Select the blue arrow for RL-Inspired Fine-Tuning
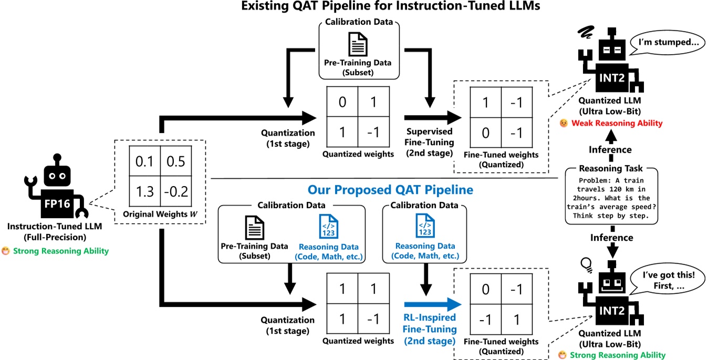[432, 304]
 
